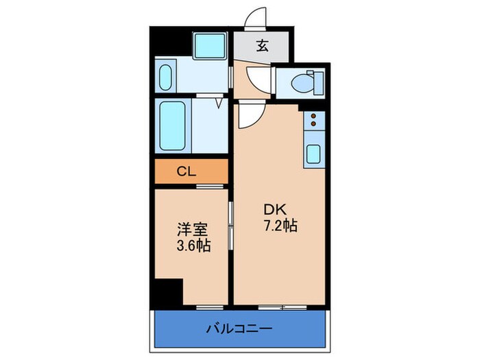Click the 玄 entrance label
coord(262,47)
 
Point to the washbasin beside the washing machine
coord(167,76)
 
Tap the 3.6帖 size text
coord(192,245)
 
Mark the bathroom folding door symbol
coord(218,104)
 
